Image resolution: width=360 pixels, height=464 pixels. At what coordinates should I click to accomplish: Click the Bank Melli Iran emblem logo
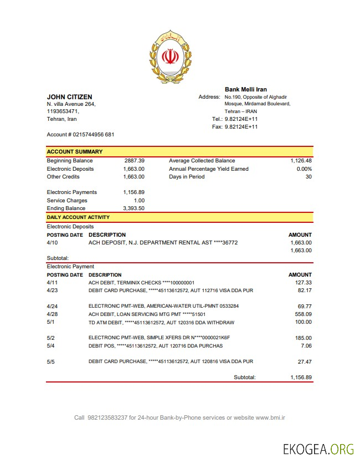[x=170, y=57]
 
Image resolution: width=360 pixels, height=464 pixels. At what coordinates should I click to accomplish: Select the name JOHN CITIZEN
[x=69, y=97]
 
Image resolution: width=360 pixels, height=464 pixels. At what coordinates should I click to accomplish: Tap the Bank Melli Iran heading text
[x=245, y=89]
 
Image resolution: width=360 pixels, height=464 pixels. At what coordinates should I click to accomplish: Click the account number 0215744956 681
[x=94, y=135]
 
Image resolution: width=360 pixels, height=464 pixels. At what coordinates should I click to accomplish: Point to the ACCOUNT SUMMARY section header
[x=74, y=151]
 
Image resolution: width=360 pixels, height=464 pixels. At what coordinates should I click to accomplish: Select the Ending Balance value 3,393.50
[x=133, y=208]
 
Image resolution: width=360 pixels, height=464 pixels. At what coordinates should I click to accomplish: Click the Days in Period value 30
[x=308, y=177]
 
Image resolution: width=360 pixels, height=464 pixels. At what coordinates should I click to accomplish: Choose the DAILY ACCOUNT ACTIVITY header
[x=78, y=217]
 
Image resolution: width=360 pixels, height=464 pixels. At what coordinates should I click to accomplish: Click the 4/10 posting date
[x=52, y=243]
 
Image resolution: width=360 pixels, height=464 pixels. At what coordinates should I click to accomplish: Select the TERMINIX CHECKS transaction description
[x=149, y=283]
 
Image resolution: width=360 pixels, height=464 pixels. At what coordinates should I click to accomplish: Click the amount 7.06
[x=306, y=346]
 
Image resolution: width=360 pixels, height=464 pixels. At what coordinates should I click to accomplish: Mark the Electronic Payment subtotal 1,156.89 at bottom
[x=301, y=377]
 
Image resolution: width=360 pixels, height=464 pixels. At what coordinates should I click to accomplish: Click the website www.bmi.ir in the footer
[x=270, y=417]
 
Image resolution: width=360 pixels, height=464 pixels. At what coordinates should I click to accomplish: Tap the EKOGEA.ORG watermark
[x=317, y=449]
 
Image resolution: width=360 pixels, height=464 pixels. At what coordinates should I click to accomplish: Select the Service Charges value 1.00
[x=139, y=201]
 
